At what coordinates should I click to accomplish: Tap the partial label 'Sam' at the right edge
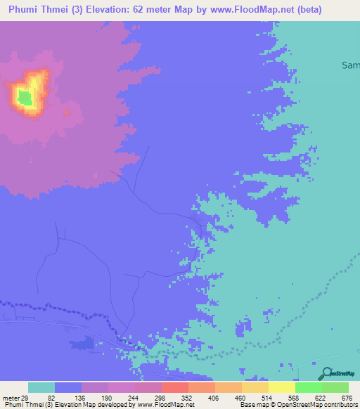(x=349, y=65)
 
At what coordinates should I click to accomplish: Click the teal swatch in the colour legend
(x=41, y=387)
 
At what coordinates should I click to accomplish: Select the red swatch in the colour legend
(x=175, y=387)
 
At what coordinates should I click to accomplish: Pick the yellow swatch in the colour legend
(x=282, y=387)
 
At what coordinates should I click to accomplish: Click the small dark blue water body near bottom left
(x=82, y=343)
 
